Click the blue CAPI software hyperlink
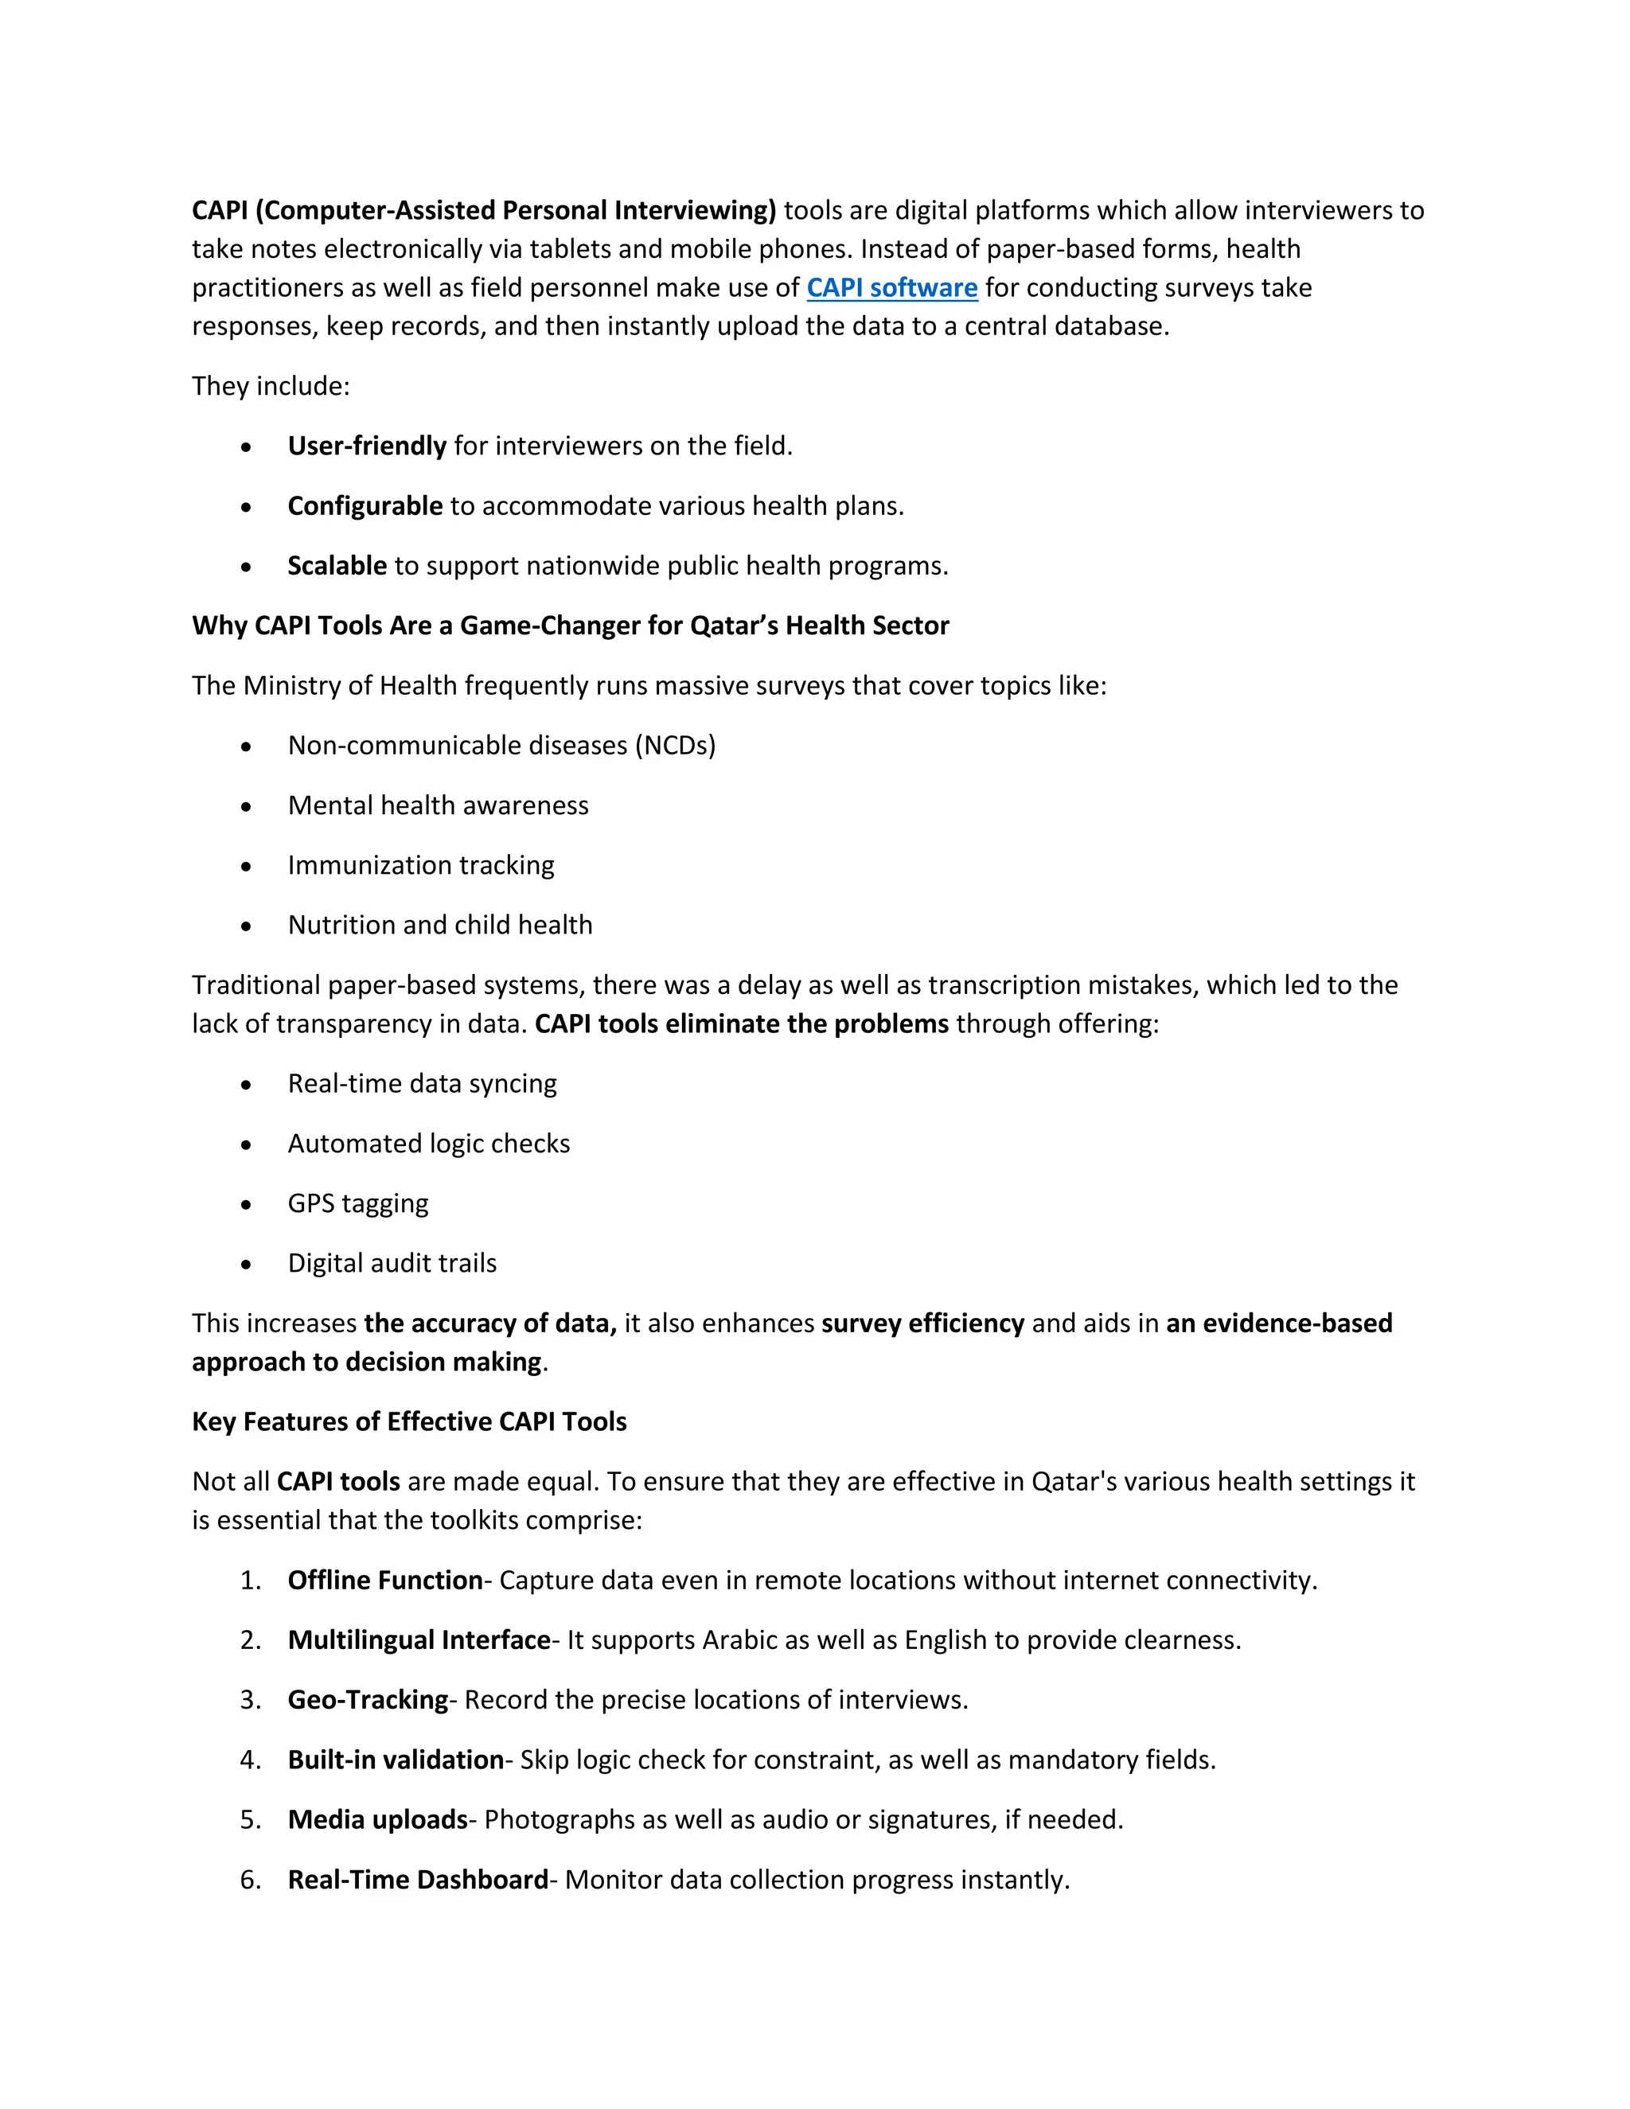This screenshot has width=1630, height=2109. pos(891,288)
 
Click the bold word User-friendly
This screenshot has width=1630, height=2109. pos(367,446)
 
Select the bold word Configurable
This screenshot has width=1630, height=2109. pos(365,506)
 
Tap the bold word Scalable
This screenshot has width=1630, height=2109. pos(337,566)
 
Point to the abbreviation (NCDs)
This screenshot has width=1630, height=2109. pos(675,746)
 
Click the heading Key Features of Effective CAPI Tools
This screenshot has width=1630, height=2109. pos(409,1421)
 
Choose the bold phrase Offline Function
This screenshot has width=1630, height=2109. pos(385,1580)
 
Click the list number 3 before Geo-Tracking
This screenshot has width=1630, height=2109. pos(250,1700)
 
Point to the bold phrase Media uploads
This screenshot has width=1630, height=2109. pos(377,1819)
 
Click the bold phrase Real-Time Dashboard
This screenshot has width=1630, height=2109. pos(418,1879)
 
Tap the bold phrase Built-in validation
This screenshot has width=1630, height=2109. pos(396,1760)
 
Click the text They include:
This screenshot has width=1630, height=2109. pos(271,386)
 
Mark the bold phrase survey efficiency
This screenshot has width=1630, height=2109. pos(922,1323)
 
